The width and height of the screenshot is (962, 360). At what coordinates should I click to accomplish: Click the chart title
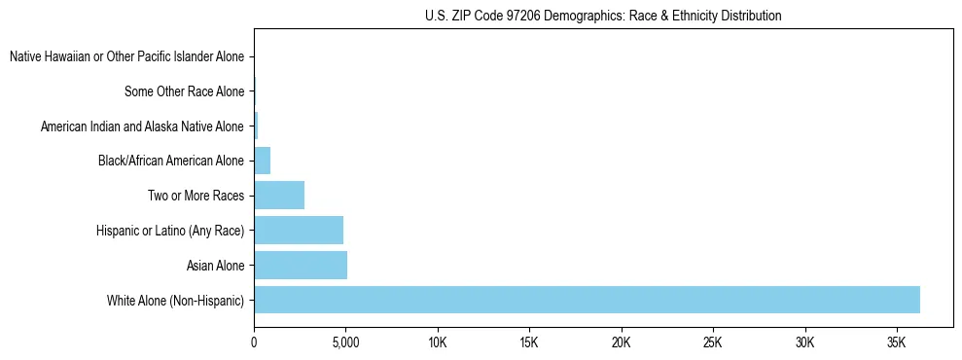[603, 16]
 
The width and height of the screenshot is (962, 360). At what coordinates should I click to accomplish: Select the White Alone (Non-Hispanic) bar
[587, 300]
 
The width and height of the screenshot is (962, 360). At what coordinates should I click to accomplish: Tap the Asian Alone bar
[301, 265]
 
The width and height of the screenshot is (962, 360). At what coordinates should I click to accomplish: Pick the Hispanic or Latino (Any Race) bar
[299, 230]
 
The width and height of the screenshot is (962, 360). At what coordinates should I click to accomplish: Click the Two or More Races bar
[279, 195]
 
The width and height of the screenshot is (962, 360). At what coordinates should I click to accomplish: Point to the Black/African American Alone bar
[262, 161]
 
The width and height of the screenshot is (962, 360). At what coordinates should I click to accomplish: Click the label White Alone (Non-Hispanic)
[175, 300]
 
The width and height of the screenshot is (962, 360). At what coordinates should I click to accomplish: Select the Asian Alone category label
[215, 265]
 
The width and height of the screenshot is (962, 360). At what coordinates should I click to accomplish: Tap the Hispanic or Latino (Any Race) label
[170, 230]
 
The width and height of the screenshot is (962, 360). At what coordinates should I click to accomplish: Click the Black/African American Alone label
[171, 161]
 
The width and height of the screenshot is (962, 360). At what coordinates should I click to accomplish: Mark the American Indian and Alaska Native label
[142, 126]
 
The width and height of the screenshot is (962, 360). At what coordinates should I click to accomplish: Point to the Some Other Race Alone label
[184, 91]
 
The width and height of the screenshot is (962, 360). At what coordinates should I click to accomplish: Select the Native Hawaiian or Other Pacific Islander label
[126, 57]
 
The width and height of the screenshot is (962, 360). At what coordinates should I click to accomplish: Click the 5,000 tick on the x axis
[345, 343]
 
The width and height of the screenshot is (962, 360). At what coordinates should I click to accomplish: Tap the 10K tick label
[438, 343]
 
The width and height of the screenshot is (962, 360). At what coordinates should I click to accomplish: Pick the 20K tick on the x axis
[621, 343]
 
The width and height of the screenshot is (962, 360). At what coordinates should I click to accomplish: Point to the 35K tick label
[896, 343]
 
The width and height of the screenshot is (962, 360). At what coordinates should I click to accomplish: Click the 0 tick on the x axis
[254, 343]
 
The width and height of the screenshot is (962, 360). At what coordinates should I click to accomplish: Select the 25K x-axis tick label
[713, 343]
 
